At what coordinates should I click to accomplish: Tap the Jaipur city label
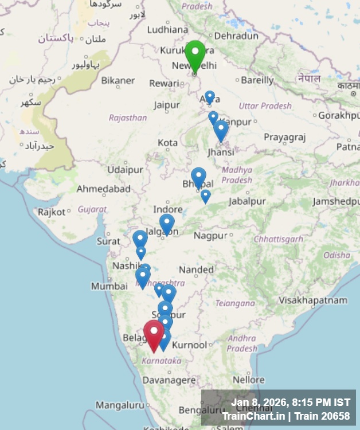pos(166,105)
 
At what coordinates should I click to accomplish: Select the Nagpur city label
pos(210,236)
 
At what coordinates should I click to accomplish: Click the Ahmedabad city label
pos(104,189)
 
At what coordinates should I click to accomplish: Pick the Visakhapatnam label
pos(313,300)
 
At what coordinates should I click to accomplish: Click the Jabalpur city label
pos(247,201)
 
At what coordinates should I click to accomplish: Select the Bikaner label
pos(118,80)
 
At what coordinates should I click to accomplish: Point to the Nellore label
pos(249,380)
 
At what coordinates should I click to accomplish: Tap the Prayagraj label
pos(285,137)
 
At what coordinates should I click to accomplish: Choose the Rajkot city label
pos(52,212)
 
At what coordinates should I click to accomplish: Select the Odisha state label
pos(336,255)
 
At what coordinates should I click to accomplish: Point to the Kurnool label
pos(190,345)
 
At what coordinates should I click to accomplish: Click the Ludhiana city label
pos(167,30)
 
